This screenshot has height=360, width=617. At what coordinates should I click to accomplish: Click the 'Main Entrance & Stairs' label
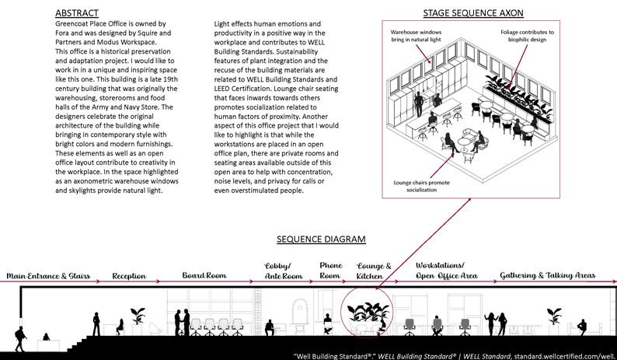click(x=48, y=276)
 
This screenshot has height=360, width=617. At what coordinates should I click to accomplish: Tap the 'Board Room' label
click(x=205, y=276)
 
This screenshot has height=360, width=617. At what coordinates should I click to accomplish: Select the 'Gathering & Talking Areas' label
click(x=549, y=276)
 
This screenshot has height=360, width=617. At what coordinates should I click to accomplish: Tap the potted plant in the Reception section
click(x=138, y=316)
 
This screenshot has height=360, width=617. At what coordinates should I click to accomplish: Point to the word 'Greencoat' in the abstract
click(x=77, y=25)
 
